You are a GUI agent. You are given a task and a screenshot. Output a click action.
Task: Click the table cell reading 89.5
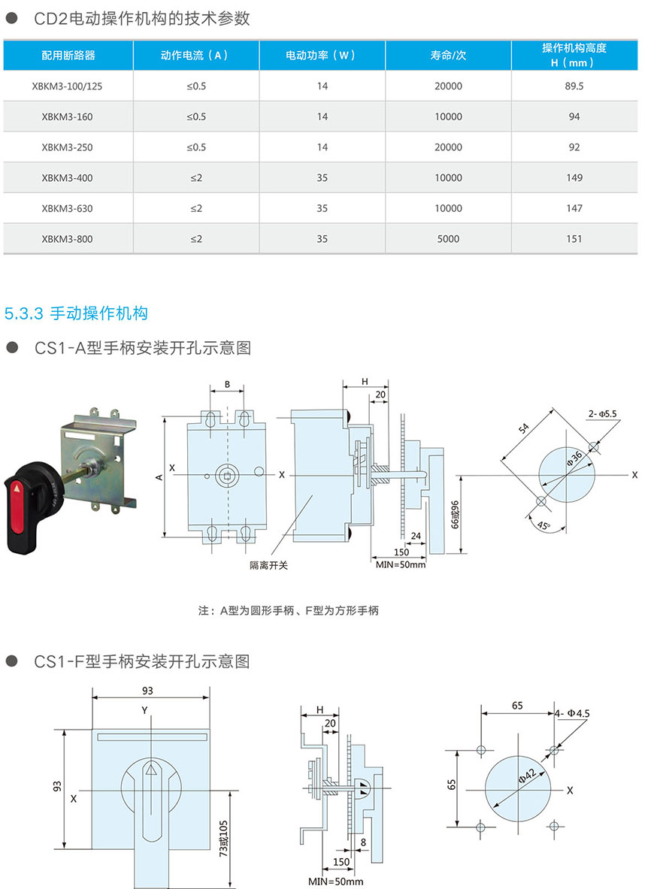(574, 86)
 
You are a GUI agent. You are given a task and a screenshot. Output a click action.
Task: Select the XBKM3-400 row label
(68, 177)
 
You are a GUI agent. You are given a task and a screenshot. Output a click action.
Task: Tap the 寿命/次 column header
(448, 56)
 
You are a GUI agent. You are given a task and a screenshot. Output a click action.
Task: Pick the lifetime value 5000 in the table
(448, 239)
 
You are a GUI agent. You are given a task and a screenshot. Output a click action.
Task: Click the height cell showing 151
(574, 239)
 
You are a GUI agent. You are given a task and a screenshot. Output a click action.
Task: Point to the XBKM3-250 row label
(68, 147)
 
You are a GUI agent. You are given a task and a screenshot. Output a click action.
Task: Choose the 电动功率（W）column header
(322, 56)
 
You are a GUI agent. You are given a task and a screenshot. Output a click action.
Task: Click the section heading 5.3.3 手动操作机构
(76, 313)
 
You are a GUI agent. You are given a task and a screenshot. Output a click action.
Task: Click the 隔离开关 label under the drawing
(269, 564)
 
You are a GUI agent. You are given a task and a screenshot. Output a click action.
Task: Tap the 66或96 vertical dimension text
(456, 516)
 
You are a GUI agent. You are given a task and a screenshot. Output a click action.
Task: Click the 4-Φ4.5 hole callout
(573, 712)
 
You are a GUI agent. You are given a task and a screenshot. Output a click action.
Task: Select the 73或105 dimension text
(223, 838)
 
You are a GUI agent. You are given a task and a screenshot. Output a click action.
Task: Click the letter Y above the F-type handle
(144, 710)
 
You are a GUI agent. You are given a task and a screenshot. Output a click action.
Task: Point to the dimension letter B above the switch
(227, 385)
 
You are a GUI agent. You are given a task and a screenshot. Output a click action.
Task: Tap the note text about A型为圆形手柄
(289, 611)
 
